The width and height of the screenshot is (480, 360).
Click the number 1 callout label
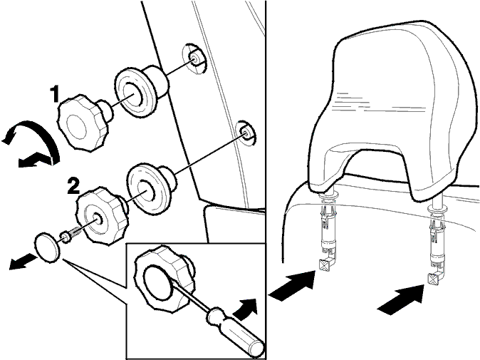(55, 94)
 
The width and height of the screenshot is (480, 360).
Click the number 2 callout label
(73, 185)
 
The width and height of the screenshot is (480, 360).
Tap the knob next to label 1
(84, 123)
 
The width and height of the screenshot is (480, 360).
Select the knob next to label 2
(102, 215)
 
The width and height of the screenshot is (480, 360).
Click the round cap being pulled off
(48, 247)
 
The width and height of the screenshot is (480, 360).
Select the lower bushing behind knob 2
(150, 189)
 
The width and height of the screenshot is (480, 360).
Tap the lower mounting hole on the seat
(246, 133)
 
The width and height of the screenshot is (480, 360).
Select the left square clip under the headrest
(325, 264)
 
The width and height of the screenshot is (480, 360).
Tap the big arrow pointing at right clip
(402, 299)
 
